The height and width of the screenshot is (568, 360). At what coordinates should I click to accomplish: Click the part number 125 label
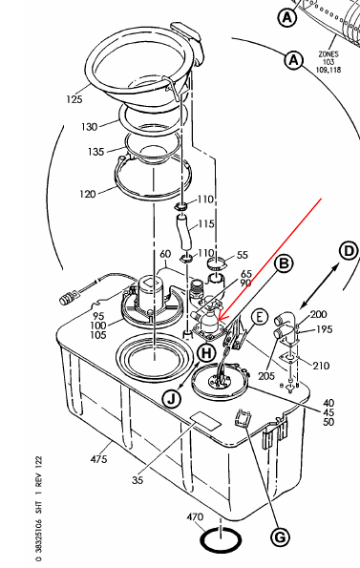pyautogui.click(x=74, y=99)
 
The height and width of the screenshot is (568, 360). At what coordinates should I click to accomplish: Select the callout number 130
pyautogui.click(x=89, y=127)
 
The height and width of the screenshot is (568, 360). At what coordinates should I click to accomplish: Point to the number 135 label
pyautogui.click(x=96, y=152)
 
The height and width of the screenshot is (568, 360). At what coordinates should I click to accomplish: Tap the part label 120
pyautogui.click(x=88, y=194)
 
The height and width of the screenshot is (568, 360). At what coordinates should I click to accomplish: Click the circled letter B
pyautogui.click(x=284, y=263)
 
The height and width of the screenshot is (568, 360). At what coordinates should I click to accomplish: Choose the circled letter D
pyautogui.click(x=349, y=251)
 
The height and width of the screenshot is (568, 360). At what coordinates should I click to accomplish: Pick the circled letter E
pyautogui.click(x=260, y=318)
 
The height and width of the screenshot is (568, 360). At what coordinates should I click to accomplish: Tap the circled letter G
pyautogui.click(x=280, y=536)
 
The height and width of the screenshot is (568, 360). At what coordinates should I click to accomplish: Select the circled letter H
pyautogui.click(x=206, y=352)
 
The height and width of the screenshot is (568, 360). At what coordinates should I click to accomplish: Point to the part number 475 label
pyautogui.click(x=98, y=459)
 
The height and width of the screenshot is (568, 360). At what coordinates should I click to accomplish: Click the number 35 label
pyautogui.click(x=138, y=480)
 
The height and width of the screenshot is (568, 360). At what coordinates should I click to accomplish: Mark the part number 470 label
pyautogui.click(x=195, y=516)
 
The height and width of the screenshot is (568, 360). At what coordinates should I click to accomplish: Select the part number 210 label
pyautogui.click(x=321, y=366)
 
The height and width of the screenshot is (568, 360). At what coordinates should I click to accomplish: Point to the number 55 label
pyautogui.click(x=243, y=255)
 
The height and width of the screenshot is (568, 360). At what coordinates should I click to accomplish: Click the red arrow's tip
pyautogui.click(x=218, y=320)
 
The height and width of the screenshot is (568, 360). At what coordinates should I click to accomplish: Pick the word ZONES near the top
pyautogui.click(x=328, y=54)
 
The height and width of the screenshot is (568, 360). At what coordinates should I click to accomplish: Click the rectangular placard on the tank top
pyautogui.click(x=205, y=421)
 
